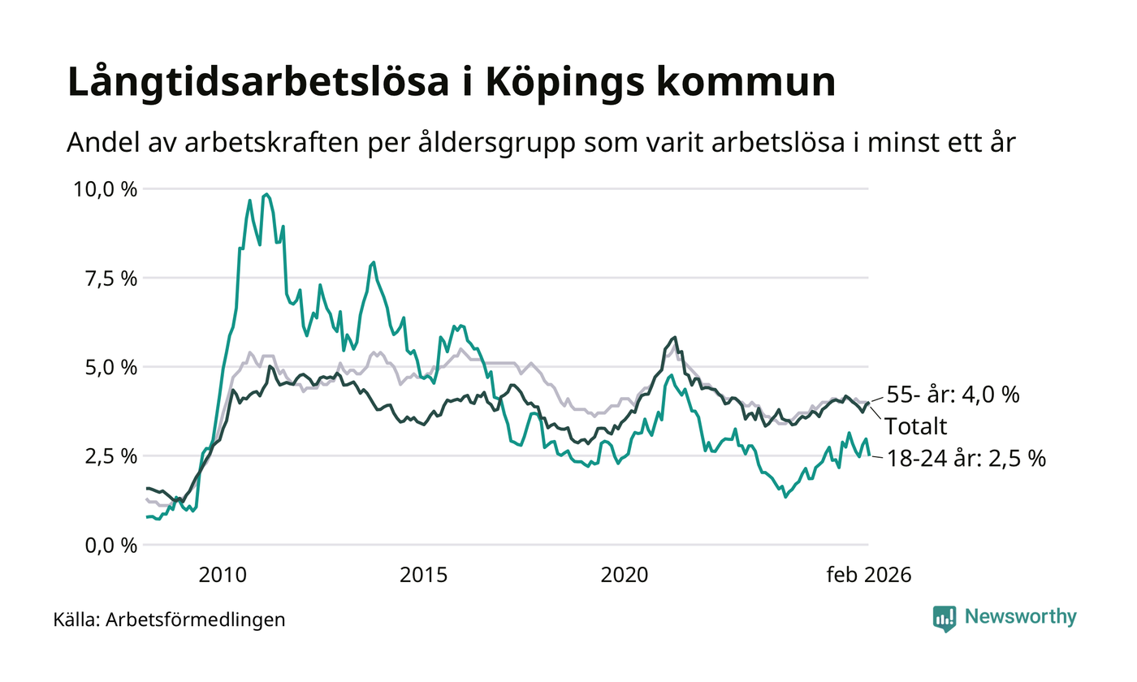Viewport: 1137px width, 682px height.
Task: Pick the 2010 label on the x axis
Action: click(223, 576)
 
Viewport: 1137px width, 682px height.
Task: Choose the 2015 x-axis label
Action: click(423, 576)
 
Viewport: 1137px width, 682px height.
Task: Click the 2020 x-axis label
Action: click(624, 576)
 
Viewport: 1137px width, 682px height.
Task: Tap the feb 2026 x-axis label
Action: click(869, 576)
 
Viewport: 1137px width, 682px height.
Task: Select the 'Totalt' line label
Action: click(915, 425)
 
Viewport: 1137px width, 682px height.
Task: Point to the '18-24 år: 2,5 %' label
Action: click(965, 458)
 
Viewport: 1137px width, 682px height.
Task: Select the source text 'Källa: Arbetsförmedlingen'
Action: click(169, 620)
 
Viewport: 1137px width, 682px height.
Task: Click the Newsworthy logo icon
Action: click(945, 618)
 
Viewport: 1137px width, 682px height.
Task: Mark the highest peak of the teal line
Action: click(266, 194)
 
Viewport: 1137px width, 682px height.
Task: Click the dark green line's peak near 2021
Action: click(674, 337)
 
